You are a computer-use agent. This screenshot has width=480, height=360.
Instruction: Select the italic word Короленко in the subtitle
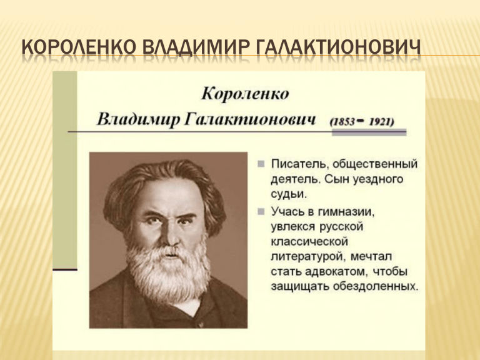point(245,94)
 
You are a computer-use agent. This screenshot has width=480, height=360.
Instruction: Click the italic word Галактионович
point(250,120)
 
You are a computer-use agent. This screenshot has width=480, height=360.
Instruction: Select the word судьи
point(288,195)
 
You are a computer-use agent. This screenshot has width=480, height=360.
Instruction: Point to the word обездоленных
point(375,286)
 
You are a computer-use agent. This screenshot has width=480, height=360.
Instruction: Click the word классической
point(309,241)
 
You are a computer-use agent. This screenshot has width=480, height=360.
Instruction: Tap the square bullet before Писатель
point(261,164)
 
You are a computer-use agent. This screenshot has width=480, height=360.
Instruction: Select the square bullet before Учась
point(261,211)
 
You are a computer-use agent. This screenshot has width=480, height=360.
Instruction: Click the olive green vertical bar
point(65,169)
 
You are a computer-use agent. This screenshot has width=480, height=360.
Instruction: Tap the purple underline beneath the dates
point(369,132)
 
